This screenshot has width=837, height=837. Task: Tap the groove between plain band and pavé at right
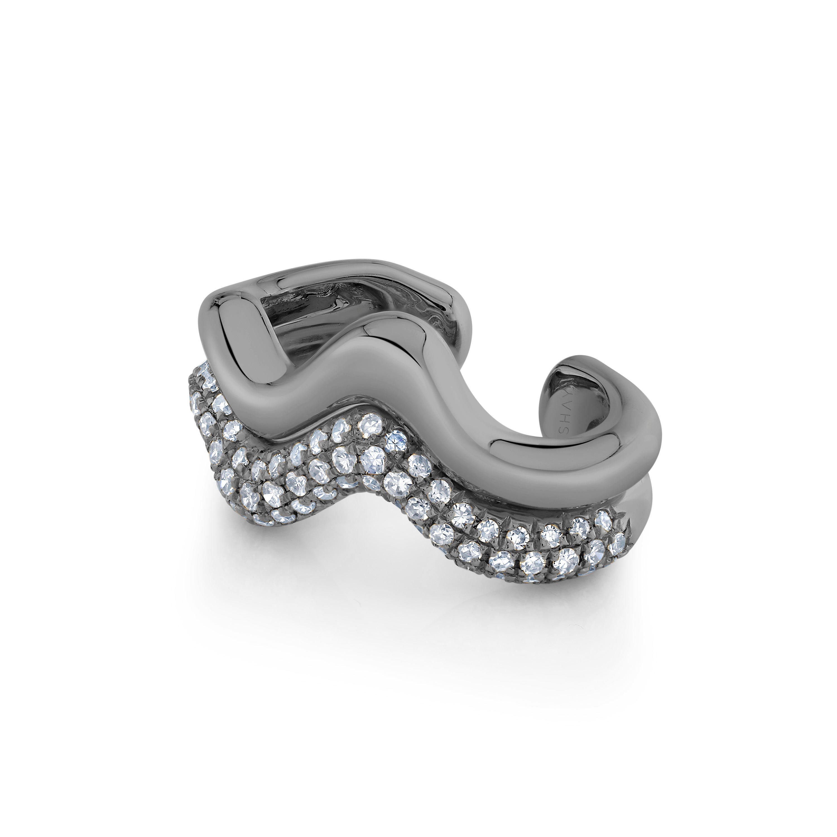[563, 498]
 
